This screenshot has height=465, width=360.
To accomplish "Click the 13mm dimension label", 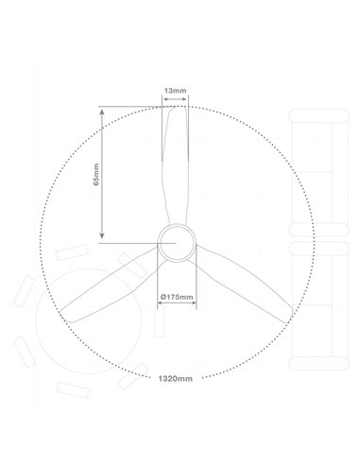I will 175,90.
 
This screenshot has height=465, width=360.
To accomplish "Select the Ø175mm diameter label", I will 176,298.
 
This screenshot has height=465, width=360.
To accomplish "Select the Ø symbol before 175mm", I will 163,298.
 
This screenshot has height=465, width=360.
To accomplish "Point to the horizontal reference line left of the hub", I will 128,242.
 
